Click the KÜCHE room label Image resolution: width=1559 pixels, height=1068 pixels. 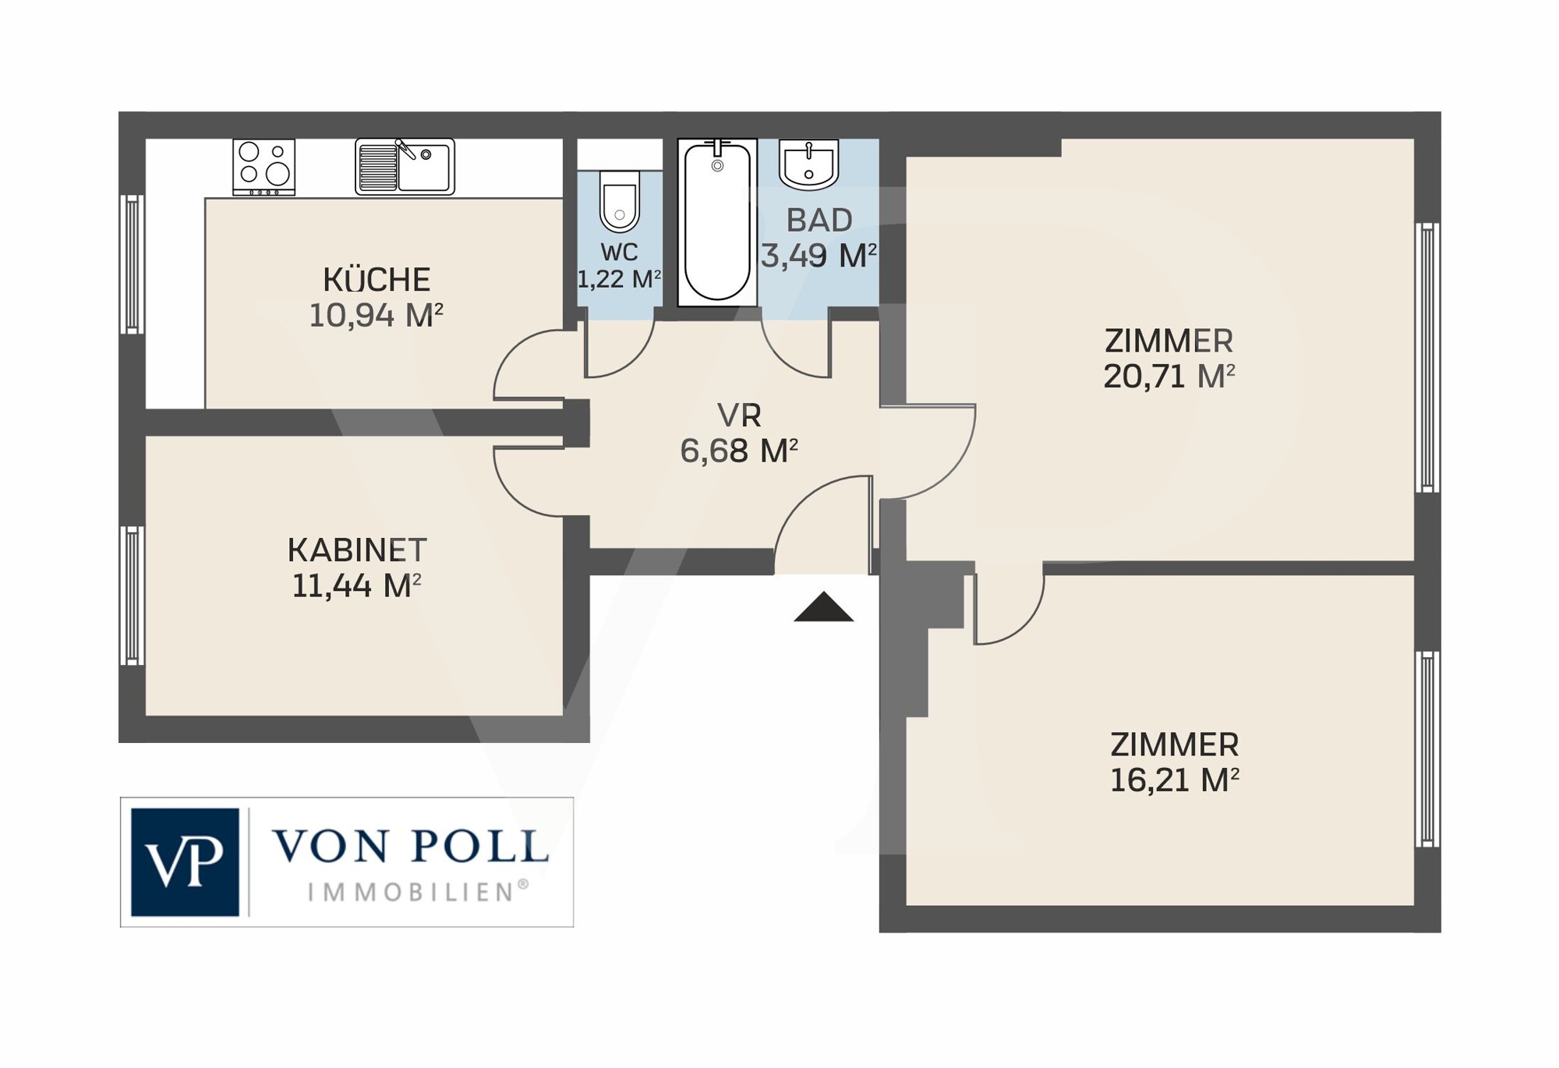pos(376,279)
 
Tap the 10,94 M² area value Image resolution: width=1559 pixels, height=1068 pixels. pos(376,316)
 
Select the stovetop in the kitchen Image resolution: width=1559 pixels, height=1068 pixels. pos(264,167)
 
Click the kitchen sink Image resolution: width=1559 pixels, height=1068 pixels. pos(405,166)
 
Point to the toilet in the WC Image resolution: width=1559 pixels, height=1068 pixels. pos(620,202)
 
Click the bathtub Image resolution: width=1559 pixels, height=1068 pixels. pos(717,222)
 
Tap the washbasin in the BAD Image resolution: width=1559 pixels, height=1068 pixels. pos(809,165)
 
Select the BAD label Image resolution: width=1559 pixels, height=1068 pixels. pos(819,221)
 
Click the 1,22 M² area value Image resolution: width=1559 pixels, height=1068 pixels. pos(620,278)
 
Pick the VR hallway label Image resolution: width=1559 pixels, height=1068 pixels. pos(739,416)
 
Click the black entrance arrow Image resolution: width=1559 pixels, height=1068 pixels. pos(824,606)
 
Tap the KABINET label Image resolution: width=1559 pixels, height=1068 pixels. pos(357,550)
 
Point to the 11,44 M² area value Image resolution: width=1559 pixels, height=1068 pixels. pos(357,585)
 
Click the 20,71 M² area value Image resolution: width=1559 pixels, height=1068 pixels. pos(1169,377)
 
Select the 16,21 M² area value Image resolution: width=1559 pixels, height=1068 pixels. pos(1174,780)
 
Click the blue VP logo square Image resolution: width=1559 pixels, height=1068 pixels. pos(185,861)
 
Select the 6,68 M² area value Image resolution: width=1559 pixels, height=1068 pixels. pos(739,451)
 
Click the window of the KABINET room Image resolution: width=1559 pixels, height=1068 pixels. pos(132,596)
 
